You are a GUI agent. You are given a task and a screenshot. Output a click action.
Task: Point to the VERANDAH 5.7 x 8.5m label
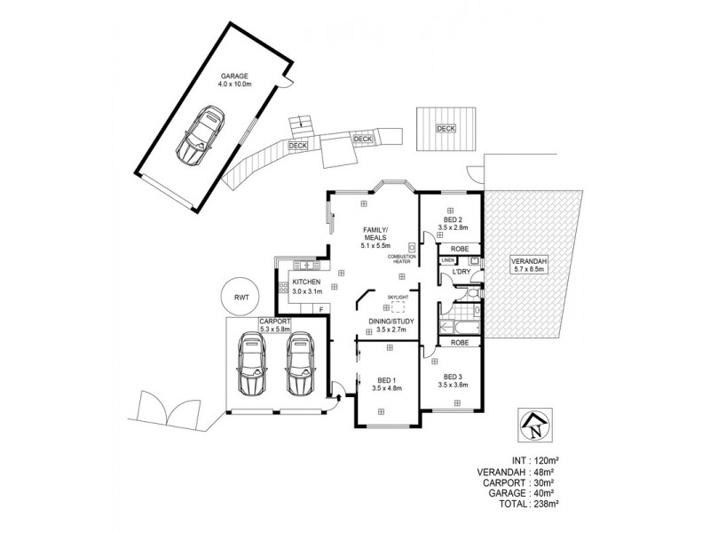tap(530, 265)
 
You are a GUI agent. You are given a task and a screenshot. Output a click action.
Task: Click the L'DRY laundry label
tap(461, 271)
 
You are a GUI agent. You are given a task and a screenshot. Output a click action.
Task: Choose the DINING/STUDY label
tap(388, 325)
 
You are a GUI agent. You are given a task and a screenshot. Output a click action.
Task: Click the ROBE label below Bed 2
tap(460, 250)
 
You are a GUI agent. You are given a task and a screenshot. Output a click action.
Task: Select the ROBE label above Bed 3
tap(460, 342)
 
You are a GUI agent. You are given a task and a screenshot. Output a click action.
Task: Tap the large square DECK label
tap(446, 129)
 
